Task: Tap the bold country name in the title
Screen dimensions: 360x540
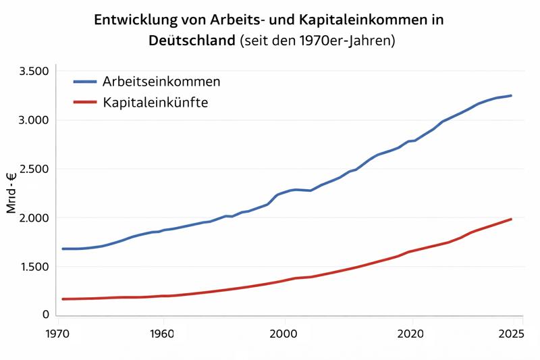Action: [192, 41]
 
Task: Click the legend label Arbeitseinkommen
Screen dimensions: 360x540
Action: [161, 82]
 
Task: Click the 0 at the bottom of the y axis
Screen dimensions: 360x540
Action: [46, 315]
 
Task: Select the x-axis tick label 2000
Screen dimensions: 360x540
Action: [283, 333]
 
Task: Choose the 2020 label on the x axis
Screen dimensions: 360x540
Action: [410, 333]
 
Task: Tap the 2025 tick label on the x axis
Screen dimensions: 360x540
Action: [511, 333]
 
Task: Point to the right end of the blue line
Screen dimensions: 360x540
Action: [511, 95]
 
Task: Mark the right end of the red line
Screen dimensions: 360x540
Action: [511, 219]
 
